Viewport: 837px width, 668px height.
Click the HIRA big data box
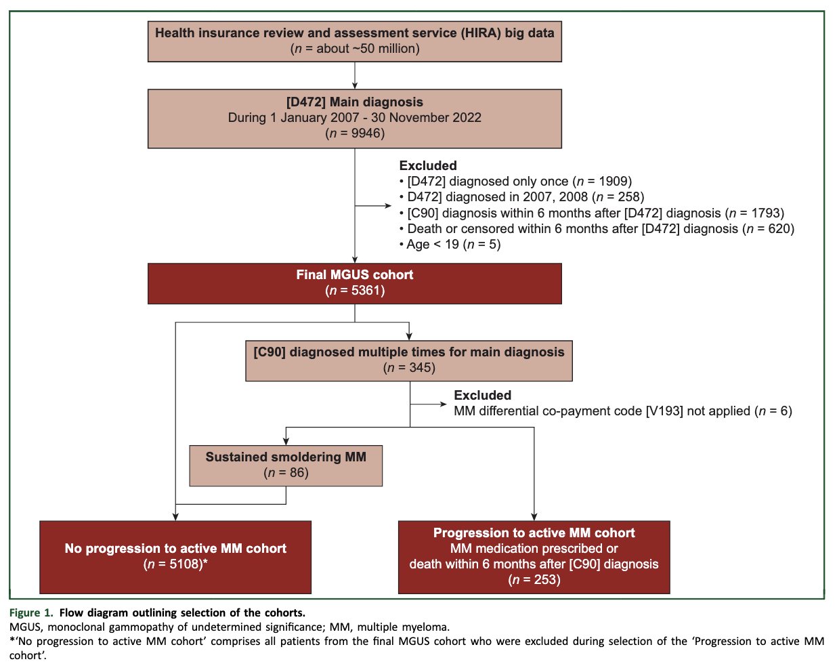click(354, 41)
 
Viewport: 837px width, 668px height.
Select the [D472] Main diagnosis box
click(354, 119)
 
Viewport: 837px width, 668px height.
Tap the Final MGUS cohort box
click(354, 283)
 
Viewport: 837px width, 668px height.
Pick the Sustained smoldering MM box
click(286, 465)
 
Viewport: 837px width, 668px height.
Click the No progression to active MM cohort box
click(175, 557)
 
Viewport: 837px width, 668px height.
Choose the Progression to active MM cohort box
click(534, 557)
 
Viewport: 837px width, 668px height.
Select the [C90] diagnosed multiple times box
click(409, 360)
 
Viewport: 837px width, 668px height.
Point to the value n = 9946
click(355, 133)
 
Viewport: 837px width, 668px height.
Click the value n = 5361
click(355, 291)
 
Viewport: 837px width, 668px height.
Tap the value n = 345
click(409, 368)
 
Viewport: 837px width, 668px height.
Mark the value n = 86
click(286, 473)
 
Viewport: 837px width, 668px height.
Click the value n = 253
click(534, 580)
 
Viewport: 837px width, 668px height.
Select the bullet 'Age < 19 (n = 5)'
click(450, 245)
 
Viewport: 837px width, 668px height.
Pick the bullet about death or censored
click(597, 229)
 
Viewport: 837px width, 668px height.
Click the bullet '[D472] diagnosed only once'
click(515, 182)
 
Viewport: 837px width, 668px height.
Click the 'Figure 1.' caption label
click(31, 612)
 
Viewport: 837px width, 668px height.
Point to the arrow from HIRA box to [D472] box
click(355, 75)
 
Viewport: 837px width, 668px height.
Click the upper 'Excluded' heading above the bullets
click(428, 166)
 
